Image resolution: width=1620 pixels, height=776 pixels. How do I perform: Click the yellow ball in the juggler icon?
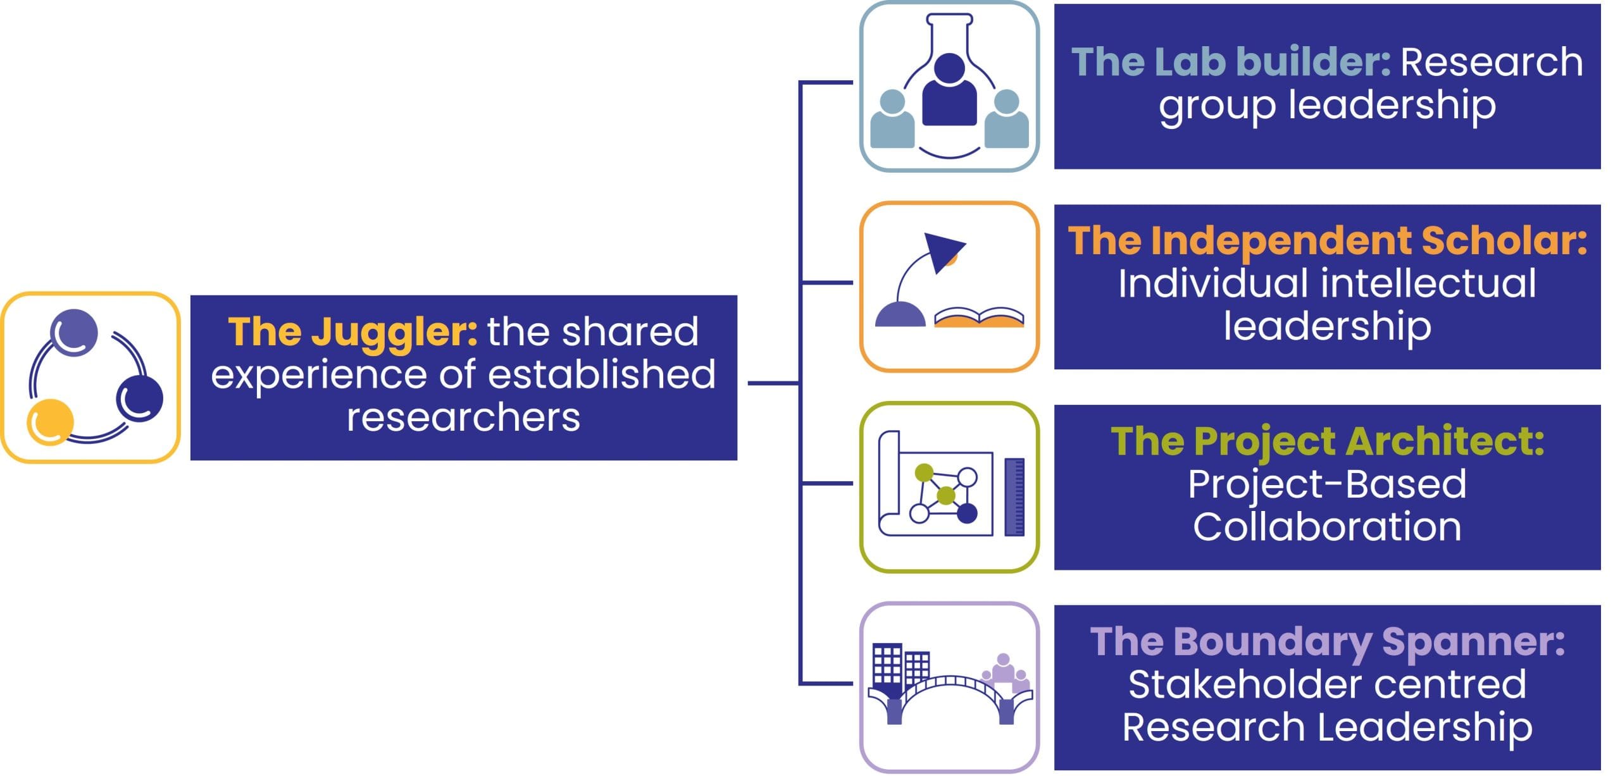50,421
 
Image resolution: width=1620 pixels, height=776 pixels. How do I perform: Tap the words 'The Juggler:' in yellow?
352,331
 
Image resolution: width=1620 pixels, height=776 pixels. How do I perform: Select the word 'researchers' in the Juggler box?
463,417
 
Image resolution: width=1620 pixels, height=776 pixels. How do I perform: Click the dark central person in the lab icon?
949,92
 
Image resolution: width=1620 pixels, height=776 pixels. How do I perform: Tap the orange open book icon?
979,317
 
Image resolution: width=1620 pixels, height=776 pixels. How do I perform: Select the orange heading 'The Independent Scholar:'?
1327,241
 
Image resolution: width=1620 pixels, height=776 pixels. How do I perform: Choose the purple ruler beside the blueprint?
1014,497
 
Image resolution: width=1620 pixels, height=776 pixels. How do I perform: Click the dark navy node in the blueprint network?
967,513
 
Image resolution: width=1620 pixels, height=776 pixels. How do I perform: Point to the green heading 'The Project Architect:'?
1327,441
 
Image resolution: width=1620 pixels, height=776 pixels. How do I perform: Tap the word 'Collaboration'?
1327,527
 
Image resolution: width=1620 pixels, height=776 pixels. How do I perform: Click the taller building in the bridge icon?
887,664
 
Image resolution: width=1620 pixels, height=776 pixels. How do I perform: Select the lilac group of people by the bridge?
1005,674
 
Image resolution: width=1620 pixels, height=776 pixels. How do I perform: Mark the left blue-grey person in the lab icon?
892,120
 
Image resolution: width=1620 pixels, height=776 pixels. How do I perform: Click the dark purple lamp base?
900,315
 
